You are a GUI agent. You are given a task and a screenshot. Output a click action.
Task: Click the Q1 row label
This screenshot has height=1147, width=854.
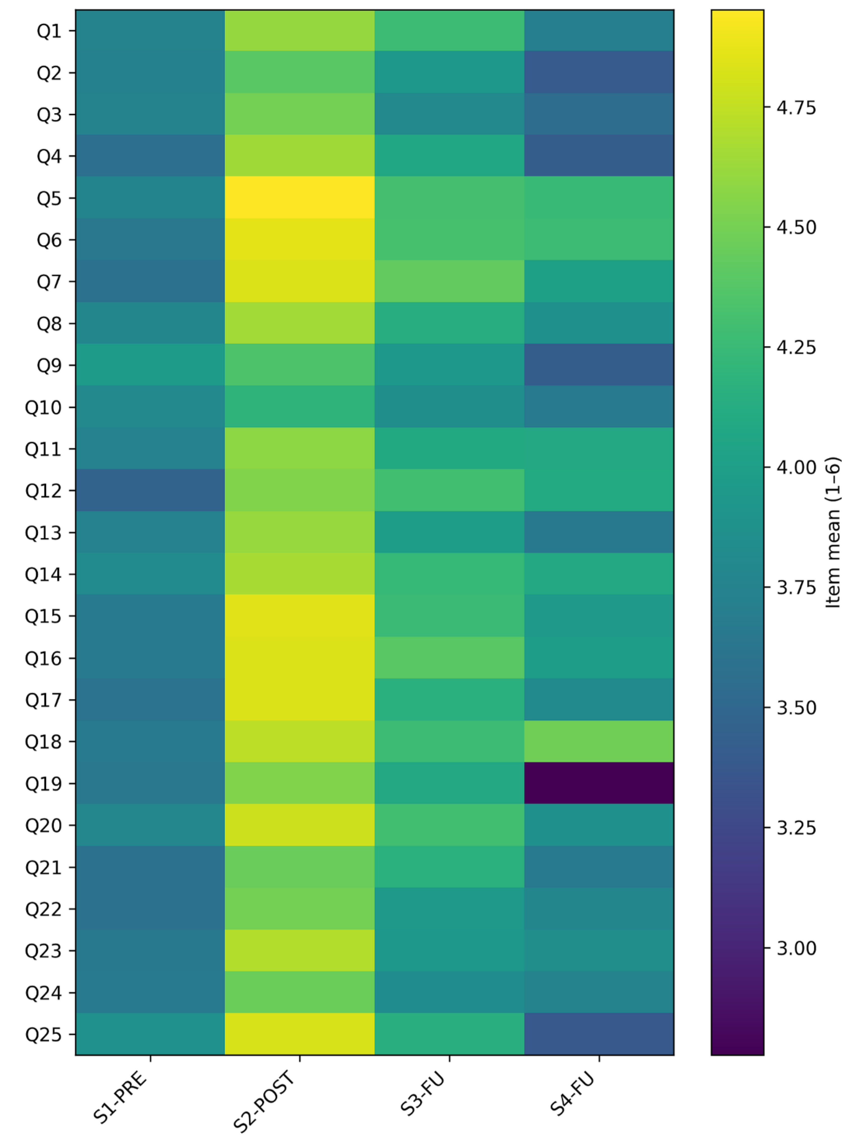pyautogui.click(x=49, y=31)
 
